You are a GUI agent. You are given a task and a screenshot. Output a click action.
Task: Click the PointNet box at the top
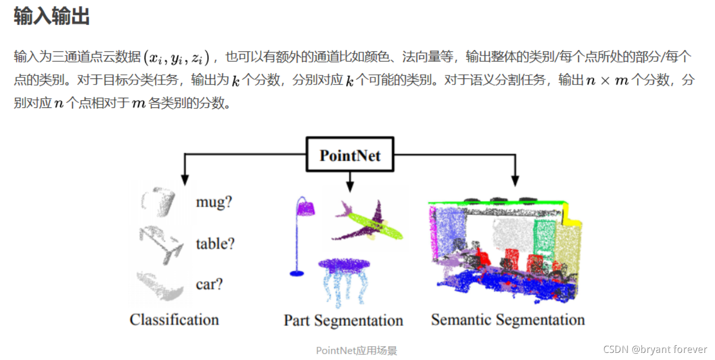(350, 155)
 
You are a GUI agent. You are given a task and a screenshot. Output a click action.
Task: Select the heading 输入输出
(52, 16)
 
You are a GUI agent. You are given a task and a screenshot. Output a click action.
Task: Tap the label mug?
(214, 202)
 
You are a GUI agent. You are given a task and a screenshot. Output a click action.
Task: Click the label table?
(215, 243)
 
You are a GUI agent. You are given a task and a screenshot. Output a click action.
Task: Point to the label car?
(209, 284)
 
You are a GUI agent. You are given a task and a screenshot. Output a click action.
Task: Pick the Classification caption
(174, 320)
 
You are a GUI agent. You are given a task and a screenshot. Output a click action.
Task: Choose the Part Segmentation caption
(344, 320)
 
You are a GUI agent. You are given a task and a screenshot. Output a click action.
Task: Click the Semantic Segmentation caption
(507, 320)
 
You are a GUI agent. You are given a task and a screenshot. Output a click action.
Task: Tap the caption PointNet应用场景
(356, 350)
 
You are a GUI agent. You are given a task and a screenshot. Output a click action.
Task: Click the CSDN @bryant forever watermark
(655, 349)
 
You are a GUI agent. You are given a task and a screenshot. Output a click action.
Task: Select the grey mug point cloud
(159, 202)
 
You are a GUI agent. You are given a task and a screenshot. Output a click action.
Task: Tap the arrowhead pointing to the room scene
(514, 180)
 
